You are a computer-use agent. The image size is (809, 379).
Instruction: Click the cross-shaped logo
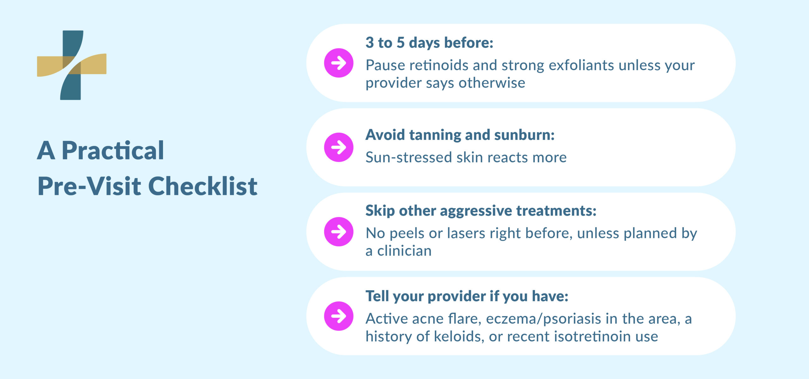[x=72, y=65]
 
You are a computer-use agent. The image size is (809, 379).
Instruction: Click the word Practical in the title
[x=113, y=151]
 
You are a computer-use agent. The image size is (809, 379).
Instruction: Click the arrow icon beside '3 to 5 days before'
[x=338, y=63]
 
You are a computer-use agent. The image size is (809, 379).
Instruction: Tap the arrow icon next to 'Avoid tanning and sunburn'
[x=338, y=147]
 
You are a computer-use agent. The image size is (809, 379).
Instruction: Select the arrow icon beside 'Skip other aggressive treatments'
[x=338, y=232]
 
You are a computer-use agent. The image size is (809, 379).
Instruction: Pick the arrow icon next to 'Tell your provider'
[x=338, y=316]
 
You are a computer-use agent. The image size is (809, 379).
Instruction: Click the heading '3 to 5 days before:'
[x=429, y=43]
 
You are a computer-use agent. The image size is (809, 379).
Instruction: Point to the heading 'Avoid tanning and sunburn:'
[x=460, y=135]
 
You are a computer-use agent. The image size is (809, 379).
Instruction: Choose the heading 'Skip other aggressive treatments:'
[x=481, y=211]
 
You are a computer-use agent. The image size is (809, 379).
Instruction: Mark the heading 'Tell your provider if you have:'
[x=467, y=296]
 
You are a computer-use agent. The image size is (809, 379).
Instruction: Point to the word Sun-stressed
[x=408, y=157]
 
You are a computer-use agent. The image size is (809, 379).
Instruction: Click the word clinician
[x=404, y=251]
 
